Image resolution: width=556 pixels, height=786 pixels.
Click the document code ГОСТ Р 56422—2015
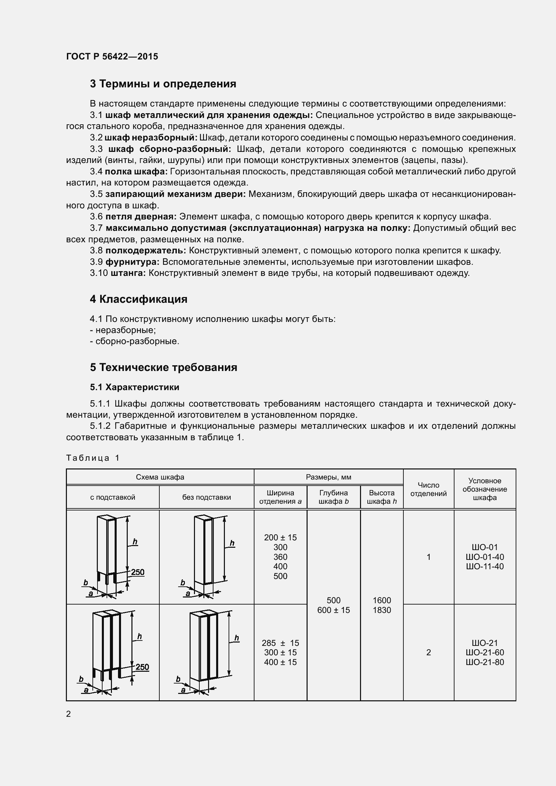click(x=112, y=56)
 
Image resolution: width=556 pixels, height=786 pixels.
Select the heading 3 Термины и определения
click(x=163, y=84)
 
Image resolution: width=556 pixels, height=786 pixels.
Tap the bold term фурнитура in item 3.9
click(x=132, y=262)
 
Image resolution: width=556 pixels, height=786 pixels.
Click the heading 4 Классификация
click(x=138, y=299)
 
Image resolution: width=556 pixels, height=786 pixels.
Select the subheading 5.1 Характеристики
click(x=134, y=387)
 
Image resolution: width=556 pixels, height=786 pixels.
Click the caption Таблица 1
click(x=93, y=458)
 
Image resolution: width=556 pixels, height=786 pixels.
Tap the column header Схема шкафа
click(x=160, y=477)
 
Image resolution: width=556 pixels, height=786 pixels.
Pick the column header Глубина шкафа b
click(x=333, y=497)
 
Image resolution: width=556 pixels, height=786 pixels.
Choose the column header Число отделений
click(x=428, y=489)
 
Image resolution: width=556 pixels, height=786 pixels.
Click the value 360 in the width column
click(x=280, y=557)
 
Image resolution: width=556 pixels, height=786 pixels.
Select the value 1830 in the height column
click(x=382, y=610)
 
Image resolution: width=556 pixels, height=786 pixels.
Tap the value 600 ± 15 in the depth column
click(x=333, y=610)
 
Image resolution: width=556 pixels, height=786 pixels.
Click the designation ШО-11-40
click(x=485, y=567)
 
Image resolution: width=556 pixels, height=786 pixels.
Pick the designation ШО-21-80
click(x=485, y=662)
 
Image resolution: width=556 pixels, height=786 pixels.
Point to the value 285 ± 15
click(x=280, y=643)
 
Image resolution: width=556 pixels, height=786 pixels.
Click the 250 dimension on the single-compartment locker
click(x=137, y=572)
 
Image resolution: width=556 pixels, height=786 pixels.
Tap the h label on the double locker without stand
click(x=237, y=638)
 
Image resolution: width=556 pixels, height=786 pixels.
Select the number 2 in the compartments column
click(x=428, y=653)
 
